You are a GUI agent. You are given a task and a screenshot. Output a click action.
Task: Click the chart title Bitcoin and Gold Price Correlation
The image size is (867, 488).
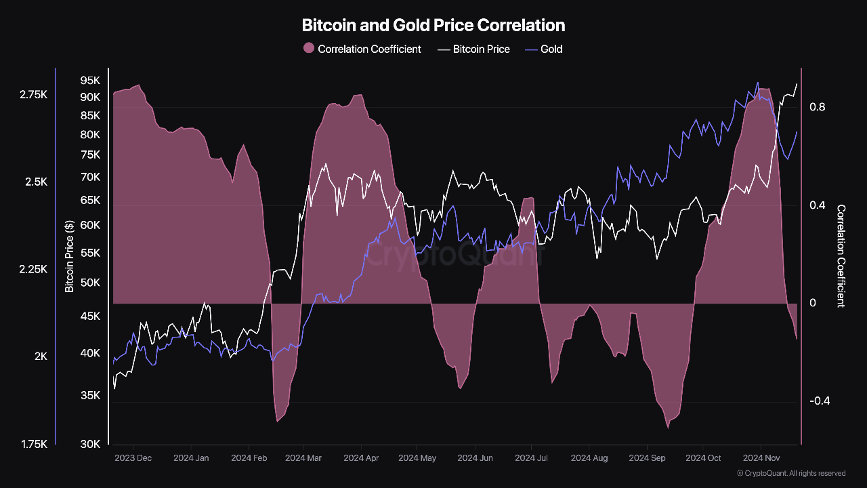point(433,26)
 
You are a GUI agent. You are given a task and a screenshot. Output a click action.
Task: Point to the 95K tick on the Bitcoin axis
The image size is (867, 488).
point(90,80)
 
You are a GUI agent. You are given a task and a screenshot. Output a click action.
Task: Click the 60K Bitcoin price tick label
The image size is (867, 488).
point(90,225)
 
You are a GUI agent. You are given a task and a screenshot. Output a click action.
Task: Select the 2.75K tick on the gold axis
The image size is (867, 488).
point(33,95)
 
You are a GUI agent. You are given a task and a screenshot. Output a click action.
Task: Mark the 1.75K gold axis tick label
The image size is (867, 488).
point(33,445)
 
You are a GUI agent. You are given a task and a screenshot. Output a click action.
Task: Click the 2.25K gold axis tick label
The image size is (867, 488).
point(33,270)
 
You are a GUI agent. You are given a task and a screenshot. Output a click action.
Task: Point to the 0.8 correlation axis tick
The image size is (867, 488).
point(817,107)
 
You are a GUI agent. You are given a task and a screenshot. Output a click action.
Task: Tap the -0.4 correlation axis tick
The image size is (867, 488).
point(819,401)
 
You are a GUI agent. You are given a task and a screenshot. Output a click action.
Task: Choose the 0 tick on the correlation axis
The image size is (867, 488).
point(813,303)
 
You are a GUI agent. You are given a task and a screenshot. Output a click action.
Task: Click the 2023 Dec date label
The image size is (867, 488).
point(133,458)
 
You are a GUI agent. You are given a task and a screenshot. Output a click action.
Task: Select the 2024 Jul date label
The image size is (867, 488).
point(532,458)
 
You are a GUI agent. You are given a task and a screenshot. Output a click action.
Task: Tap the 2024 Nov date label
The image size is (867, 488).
point(761,458)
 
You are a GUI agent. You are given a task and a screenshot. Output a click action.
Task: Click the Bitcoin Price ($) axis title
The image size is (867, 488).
point(69,256)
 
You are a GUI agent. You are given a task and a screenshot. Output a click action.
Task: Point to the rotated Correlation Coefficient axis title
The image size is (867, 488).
point(841,256)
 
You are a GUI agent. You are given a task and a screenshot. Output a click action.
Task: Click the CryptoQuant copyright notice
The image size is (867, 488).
point(791,473)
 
